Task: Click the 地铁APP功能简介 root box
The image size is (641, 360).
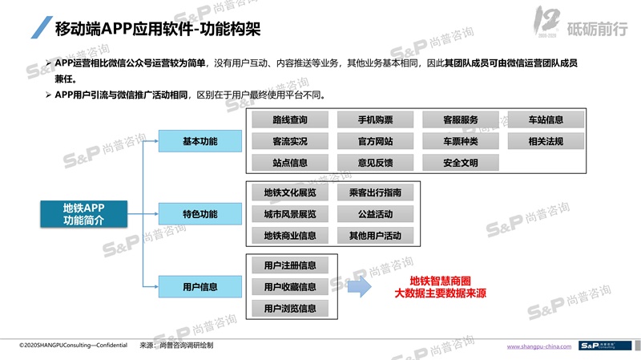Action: tap(83, 214)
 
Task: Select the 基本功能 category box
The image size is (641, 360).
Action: tap(200, 141)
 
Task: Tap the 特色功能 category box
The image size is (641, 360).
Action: tap(200, 214)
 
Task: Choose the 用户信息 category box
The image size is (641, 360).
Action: tap(200, 286)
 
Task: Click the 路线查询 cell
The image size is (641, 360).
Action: tap(289, 120)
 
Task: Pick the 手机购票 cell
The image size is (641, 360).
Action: tap(375, 120)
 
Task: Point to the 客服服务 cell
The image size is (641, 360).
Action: tap(460, 120)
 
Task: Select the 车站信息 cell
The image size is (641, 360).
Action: tap(546, 120)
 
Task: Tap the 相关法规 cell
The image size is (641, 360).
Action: tap(546, 141)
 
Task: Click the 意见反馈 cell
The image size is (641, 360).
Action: tap(375, 163)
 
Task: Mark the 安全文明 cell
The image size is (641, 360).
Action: tap(460, 163)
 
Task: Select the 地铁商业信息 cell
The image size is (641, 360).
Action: tap(289, 236)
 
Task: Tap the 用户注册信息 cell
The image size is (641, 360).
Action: tap(289, 265)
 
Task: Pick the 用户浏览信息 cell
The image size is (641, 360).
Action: tap(289, 308)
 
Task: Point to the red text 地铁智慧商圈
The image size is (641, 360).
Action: tap(440, 281)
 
